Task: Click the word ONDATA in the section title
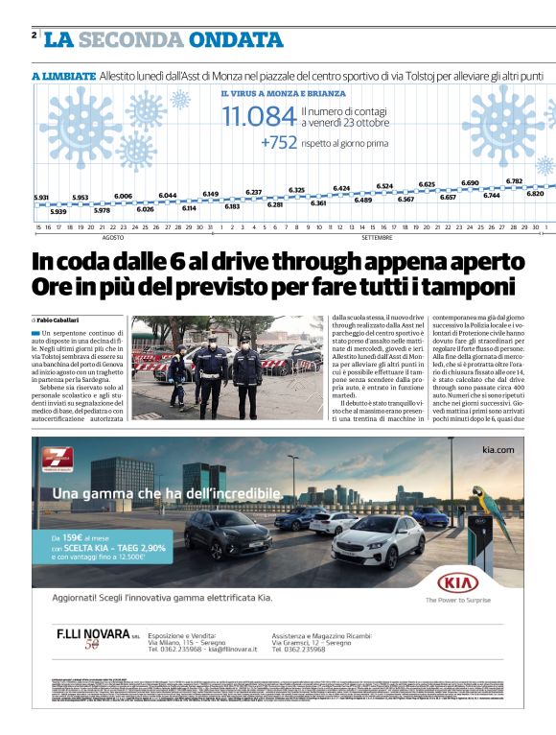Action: click(x=236, y=39)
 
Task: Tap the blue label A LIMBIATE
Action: click(x=63, y=76)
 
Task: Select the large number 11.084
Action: click(x=259, y=118)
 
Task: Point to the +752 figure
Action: click(x=278, y=143)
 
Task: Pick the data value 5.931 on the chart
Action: click(x=40, y=198)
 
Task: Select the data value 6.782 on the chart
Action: click(x=514, y=180)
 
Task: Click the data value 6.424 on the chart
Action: click(x=341, y=188)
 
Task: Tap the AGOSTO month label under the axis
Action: click(x=113, y=236)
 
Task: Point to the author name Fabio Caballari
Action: click(x=61, y=319)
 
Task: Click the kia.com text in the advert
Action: click(x=498, y=449)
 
